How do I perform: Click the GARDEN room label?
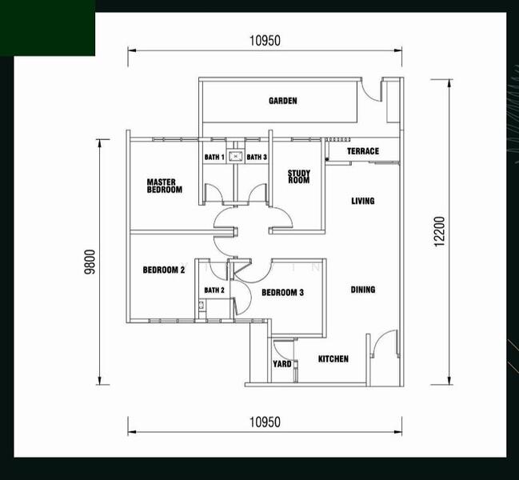click(x=282, y=101)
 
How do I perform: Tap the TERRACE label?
click(x=363, y=151)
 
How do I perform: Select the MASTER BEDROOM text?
click(x=165, y=186)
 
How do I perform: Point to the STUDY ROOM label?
click(x=299, y=177)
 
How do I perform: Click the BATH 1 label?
click(x=214, y=157)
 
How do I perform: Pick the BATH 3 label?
click(x=257, y=157)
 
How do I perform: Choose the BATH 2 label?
click(x=214, y=290)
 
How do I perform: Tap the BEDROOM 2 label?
click(x=164, y=270)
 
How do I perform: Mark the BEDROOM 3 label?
click(x=282, y=293)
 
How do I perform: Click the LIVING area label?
click(x=363, y=201)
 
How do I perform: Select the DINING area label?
click(x=363, y=290)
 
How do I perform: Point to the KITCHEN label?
click(x=333, y=359)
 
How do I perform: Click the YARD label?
click(x=282, y=364)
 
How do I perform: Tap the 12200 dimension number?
click(x=439, y=232)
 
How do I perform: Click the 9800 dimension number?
click(x=90, y=262)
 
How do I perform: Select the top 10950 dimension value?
click(x=265, y=41)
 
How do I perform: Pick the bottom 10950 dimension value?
click(x=265, y=422)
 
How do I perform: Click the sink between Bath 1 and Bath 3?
click(x=235, y=156)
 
